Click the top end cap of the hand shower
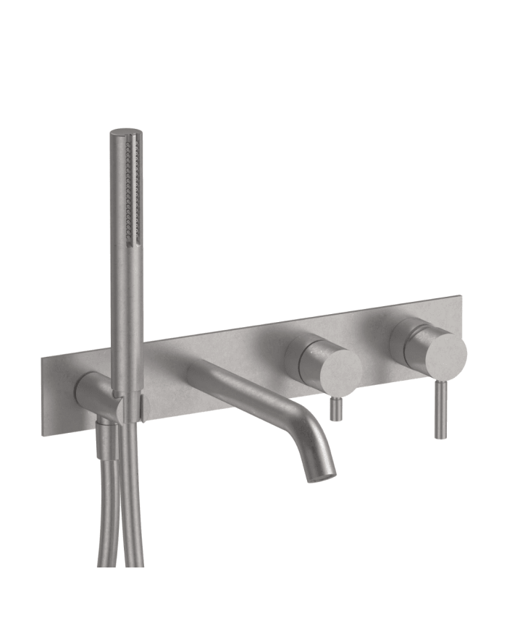(125, 133)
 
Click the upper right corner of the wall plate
(458, 298)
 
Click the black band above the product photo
(253, 29)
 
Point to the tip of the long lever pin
(440, 436)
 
